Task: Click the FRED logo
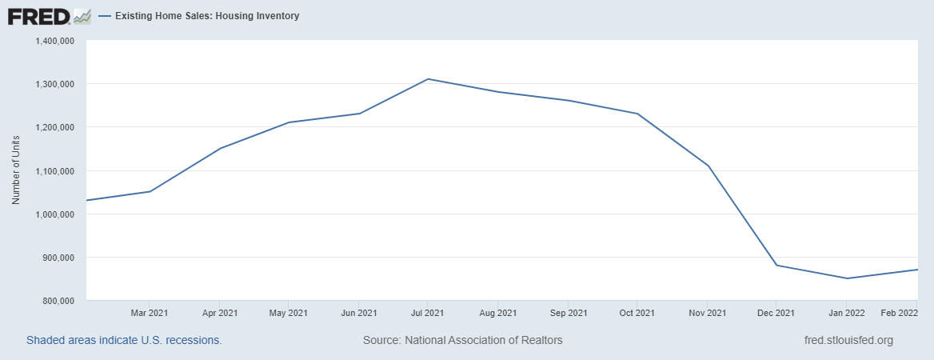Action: (49, 16)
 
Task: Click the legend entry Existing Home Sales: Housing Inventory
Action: (206, 16)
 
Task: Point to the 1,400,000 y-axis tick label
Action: (55, 41)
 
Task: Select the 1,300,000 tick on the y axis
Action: (55, 84)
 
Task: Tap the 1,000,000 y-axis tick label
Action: (55, 214)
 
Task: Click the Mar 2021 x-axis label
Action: (150, 312)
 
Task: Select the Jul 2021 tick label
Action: (428, 312)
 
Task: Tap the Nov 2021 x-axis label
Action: (707, 312)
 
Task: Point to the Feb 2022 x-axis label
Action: (900, 312)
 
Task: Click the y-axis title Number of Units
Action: (16, 170)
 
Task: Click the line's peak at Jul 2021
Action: (428, 79)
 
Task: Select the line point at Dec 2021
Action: (776, 266)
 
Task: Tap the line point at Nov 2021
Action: (708, 166)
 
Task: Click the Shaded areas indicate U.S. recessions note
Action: (124, 340)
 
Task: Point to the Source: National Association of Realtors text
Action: (463, 340)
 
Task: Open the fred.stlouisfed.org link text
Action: (848, 340)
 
